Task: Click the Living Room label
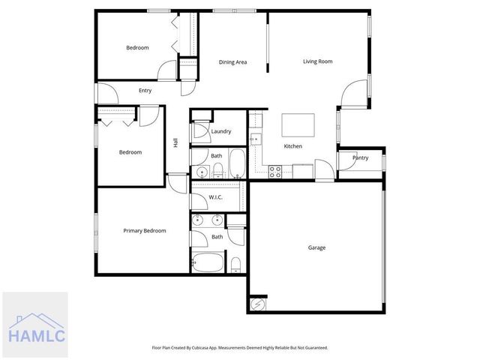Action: click(317, 61)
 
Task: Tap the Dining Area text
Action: click(232, 62)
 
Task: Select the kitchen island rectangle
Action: click(297, 123)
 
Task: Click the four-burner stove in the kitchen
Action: click(275, 169)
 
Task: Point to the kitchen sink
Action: click(255, 139)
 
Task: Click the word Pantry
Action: click(360, 158)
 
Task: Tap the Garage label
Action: click(316, 247)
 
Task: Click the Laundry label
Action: click(220, 132)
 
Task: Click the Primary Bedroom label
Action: click(144, 231)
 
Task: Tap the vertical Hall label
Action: click(175, 142)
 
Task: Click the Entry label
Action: click(145, 91)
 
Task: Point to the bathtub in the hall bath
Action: click(236, 163)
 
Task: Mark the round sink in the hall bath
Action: click(200, 172)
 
